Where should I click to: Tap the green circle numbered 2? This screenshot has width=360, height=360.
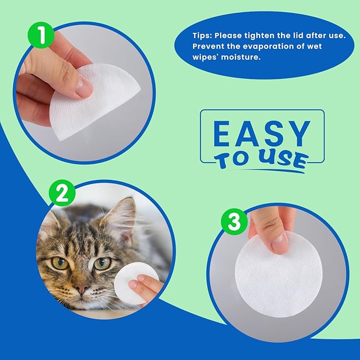pos(63,194)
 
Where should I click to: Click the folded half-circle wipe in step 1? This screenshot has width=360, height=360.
pos(101,101)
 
